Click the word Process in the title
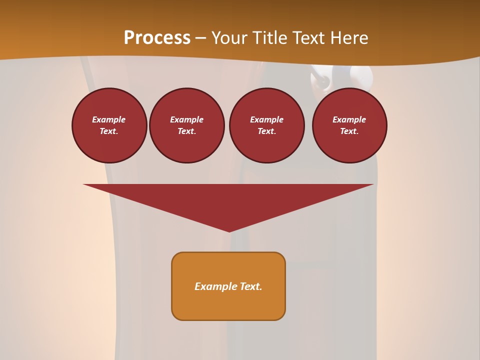[157, 38]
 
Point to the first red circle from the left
[109, 125]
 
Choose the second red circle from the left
[187, 125]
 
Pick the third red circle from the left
[267, 125]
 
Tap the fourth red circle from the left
[349, 125]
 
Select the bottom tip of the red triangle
[229, 231]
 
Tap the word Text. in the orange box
[250, 286]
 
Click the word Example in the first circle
[109, 119]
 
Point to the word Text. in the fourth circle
[349, 131]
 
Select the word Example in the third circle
[267, 119]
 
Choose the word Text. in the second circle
[187, 131]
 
